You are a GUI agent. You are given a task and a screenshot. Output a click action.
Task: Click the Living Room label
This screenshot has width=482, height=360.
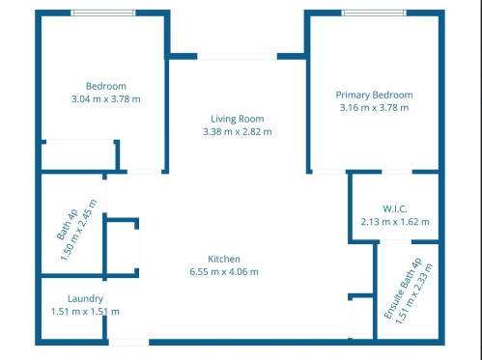pyautogui.click(x=237, y=119)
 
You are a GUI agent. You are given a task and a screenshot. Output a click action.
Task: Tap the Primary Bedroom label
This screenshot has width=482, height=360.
pyautogui.click(x=374, y=95)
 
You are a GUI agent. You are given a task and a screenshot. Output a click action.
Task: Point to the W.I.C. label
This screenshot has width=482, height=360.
pyautogui.click(x=394, y=208)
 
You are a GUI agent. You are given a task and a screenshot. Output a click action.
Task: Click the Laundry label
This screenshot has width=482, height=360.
pyautogui.click(x=85, y=298)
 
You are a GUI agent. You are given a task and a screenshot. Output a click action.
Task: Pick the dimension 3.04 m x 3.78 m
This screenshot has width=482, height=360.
pyautogui.click(x=105, y=98)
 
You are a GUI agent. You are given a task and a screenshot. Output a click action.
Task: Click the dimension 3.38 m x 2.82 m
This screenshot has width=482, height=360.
pyautogui.click(x=237, y=131)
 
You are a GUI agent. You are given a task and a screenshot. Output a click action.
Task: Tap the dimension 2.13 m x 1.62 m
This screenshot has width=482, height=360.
pyautogui.click(x=394, y=221)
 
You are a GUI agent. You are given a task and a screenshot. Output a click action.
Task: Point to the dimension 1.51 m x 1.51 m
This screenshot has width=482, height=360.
pyautogui.click(x=85, y=311)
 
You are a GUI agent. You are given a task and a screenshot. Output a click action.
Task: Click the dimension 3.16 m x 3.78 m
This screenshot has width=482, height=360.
pyautogui.click(x=374, y=107)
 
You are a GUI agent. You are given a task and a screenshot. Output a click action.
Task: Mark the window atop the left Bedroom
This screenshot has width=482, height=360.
pyautogui.click(x=103, y=13)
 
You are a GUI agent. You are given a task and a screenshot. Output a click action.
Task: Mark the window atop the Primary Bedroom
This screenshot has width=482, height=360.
pyautogui.click(x=374, y=13)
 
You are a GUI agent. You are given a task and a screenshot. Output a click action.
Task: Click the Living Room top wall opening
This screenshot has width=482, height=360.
pyautogui.click(x=237, y=56)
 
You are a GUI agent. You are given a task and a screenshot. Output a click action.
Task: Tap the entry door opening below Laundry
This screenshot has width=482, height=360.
pyautogui.click(x=128, y=341)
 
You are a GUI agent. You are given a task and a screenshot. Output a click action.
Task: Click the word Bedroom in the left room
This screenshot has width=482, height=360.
pyautogui.click(x=105, y=86)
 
